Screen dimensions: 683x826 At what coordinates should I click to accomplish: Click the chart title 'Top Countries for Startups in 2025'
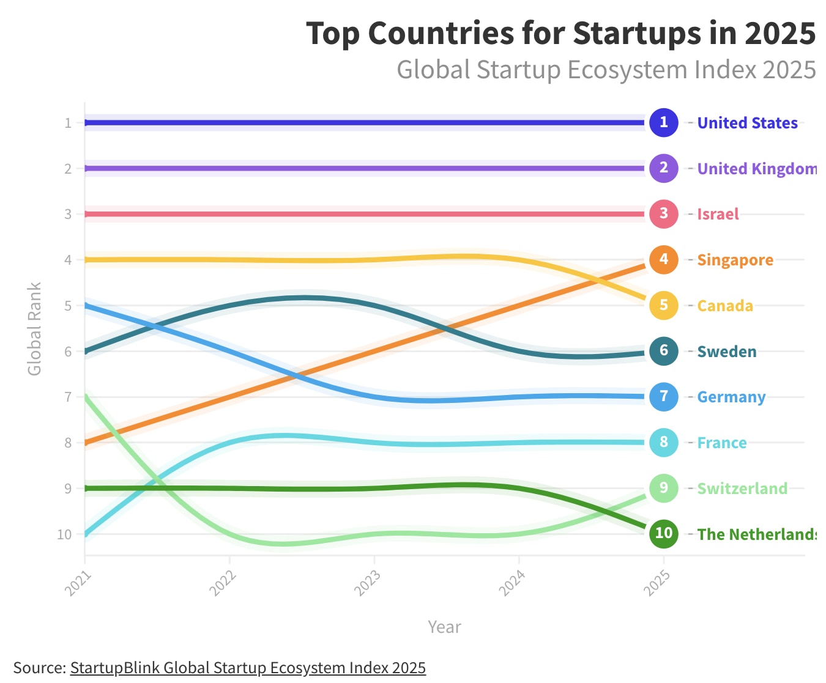pyautogui.click(x=560, y=34)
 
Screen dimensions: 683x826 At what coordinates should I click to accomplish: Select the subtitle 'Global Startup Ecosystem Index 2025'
pyautogui.click(x=606, y=70)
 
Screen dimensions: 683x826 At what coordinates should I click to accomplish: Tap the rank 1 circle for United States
pyautogui.click(x=664, y=122)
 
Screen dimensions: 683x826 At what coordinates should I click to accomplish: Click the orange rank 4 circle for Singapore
pyautogui.click(x=664, y=259)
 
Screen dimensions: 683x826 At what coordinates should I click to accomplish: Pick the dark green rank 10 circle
pyautogui.click(x=664, y=533)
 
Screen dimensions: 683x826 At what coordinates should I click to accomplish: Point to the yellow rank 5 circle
pyautogui.click(x=664, y=305)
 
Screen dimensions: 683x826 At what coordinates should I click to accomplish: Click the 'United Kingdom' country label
pyautogui.click(x=757, y=169)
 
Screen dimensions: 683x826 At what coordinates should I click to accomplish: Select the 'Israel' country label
pyautogui.click(x=718, y=214)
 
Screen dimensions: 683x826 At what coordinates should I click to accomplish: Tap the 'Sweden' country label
pyautogui.click(x=727, y=352)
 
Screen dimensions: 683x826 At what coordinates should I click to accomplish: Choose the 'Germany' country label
pyautogui.click(x=731, y=397)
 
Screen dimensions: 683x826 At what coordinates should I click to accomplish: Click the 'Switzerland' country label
pyautogui.click(x=742, y=489)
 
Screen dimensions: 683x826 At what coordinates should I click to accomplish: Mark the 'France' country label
pyautogui.click(x=722, y=443)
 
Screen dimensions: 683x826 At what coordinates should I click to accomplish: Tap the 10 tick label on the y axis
pyautogui.click(x=64, y=534)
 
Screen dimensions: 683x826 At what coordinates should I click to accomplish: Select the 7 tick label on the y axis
pyautogui.click(x=68, y=397)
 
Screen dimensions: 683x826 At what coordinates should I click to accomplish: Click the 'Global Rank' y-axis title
pyautogui.click(x=34, y=328)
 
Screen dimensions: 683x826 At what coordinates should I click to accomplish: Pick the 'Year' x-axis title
pyautogui.click(x=444, y=627)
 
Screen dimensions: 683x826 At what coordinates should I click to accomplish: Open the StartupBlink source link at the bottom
pyautogui.click(x=248, y=668)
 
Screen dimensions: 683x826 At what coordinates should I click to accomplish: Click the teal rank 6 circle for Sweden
pyautogui.click(x=664, y=351)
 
